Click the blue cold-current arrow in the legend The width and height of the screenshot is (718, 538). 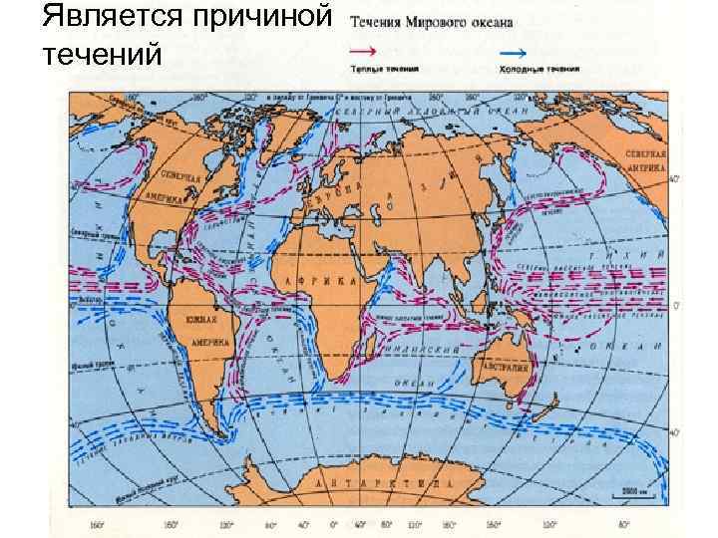tap(514, 50)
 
